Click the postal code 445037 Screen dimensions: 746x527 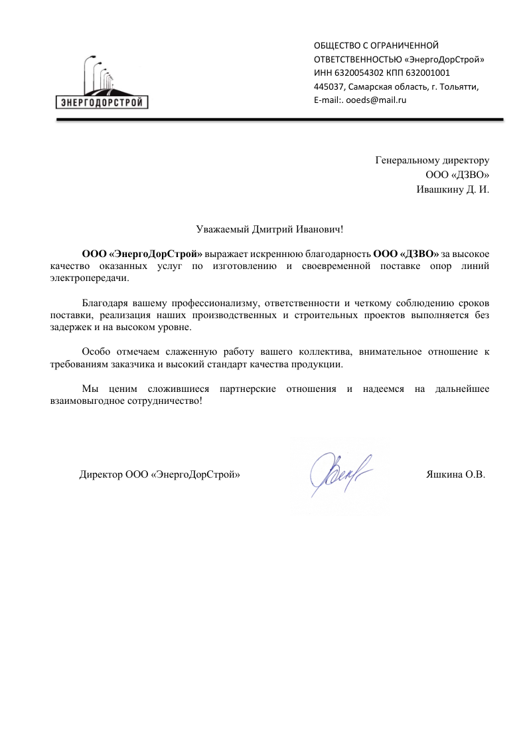[x=328, y=87]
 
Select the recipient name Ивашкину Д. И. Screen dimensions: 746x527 [x=453, y=189]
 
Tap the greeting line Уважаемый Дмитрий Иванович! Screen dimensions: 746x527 [x=271, y=229]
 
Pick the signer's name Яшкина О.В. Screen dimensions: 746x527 [x=455, y=475]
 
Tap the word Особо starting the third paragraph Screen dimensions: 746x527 [x=95, y=353]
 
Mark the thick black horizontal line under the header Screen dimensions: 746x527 [x=279, y=120]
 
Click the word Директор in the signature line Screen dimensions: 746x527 [x=100, y=475]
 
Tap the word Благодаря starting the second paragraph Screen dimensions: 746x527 [x=104, y=304]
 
